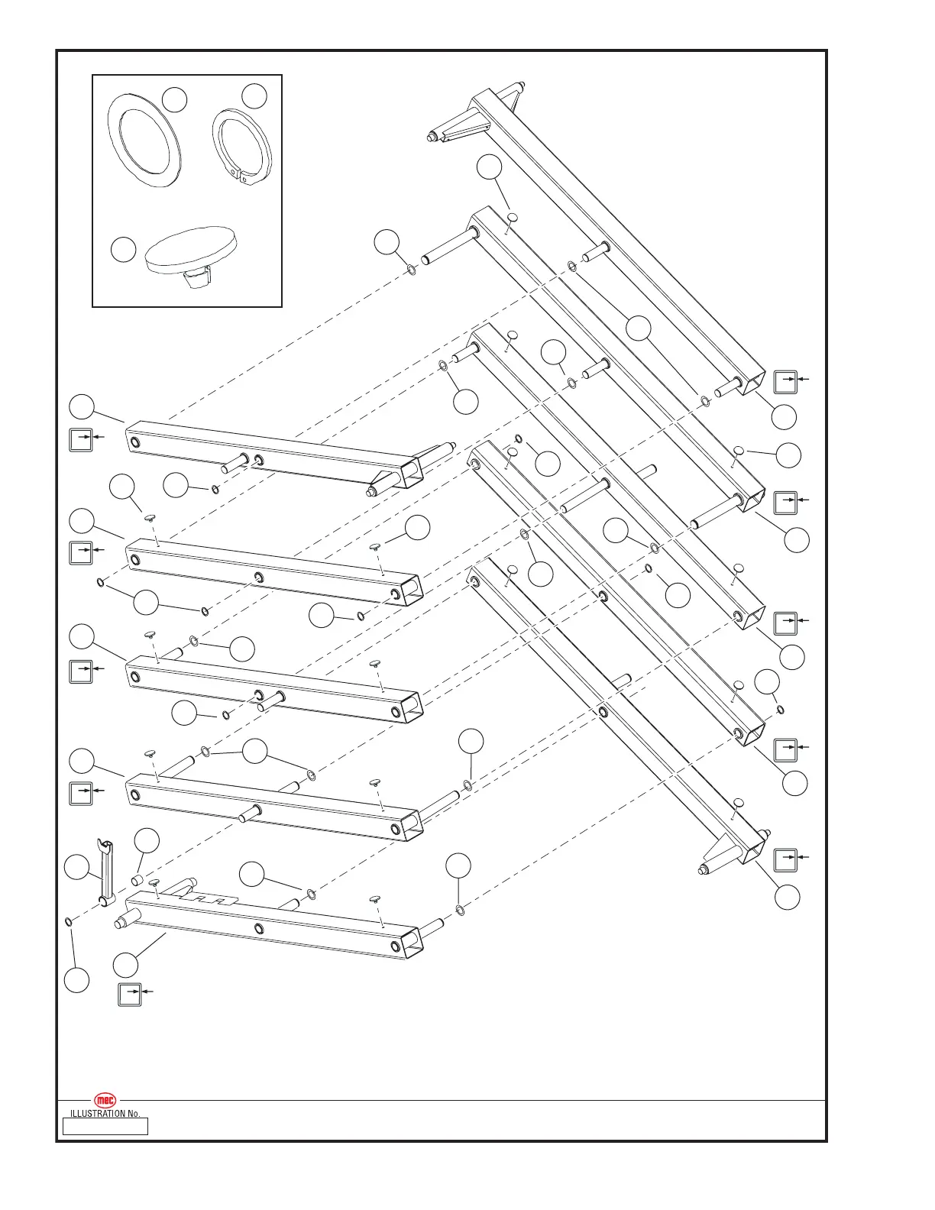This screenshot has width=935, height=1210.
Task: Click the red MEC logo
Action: click(x=105, y=1100)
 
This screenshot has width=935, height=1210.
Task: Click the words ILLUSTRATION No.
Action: click(x=105, y=1114)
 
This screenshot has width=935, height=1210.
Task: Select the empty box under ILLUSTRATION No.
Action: click(x=105, y=1126)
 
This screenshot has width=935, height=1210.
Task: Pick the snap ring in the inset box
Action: click(x=241, y=145)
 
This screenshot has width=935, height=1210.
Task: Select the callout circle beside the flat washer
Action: click(x=175, y=99)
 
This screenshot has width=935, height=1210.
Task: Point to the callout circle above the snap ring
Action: click(x=254, y=95)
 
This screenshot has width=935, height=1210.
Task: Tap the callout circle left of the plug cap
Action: click(x=123, y=249)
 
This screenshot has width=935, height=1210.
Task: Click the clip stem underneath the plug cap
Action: click(x=197, y=279)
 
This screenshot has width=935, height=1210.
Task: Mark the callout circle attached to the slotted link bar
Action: click(x=76, y=868)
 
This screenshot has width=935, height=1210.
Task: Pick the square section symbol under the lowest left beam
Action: click(x=130, y=995)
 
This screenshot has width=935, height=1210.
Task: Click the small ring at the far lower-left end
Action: click(x=69, y=923)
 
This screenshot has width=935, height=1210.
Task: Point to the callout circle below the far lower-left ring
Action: click(x=76, y=980)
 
